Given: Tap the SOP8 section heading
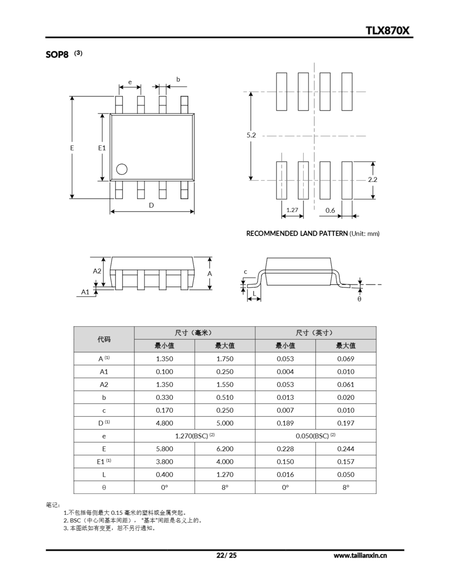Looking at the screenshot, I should pyautogui.click(x=57, y=54).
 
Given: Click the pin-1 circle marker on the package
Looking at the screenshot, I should pyautogui.click(x=122, y=169).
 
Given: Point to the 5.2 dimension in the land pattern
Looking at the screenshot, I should pyautogui.click(x=251, y=135).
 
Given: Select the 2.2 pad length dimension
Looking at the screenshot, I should pyautogui.click(x=372, y=180).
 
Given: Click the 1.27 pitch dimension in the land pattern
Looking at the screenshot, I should pyautogui.click(x=292, y=210).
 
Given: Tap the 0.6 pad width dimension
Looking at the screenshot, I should pyautogui.click(x=330, y=211).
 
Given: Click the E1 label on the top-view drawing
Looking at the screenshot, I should pyautogui.click(x=102, y=148).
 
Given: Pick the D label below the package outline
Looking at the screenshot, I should pyautogui.click(x=151, y=205).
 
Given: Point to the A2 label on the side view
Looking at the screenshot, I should pyautogui.click(x=97, y=271).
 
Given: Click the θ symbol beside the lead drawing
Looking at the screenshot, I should pyautogui.click(x=359, y=299).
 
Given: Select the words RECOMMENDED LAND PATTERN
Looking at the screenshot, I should pyautogui.click(x=297, y=233).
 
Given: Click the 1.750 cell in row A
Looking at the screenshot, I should pyautogui.click(x=225, y=359).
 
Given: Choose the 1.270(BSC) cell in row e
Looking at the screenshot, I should pyautogui.click(x=195, y=436).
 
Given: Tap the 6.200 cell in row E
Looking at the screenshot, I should pyautogui.click(x=225, y=449).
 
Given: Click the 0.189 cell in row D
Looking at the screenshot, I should pyautogui.click(x=285, y=423).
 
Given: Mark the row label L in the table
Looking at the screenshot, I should pyautogui.click(x=104, y=475).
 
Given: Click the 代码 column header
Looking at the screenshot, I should pyautogui.click(x=104, y=339).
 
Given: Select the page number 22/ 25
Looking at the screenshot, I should pyautogui.click(x=226, y=555).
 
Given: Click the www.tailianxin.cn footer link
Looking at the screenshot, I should pyautogui.click(x=360, y=556).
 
